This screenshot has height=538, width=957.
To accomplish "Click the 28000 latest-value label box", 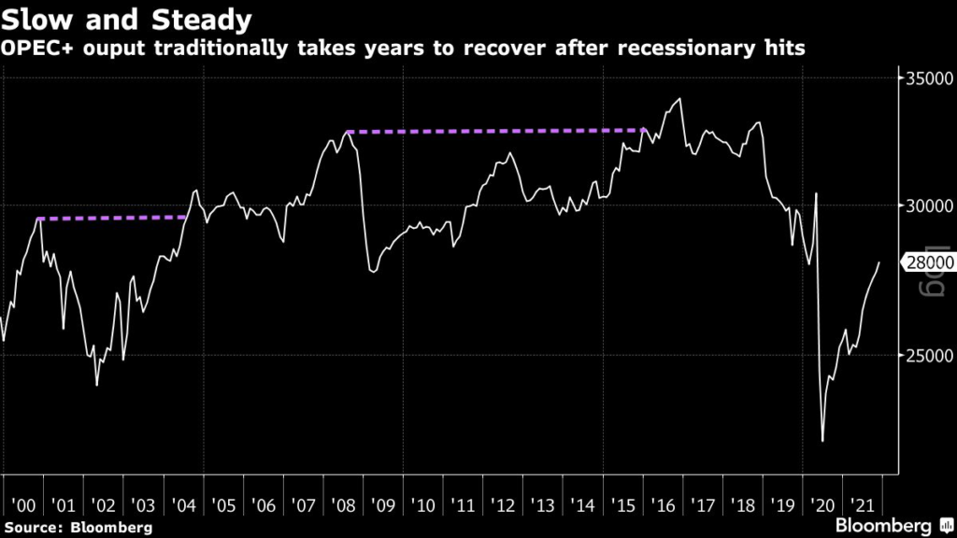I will point(928,263).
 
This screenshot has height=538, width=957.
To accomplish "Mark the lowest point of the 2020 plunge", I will point(823,441).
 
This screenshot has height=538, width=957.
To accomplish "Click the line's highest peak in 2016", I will point(679,99).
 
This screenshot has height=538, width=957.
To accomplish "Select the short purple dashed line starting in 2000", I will point(112,219).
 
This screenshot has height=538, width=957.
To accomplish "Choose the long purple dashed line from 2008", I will point(495,131).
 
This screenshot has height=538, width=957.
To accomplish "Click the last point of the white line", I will point(879,263).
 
